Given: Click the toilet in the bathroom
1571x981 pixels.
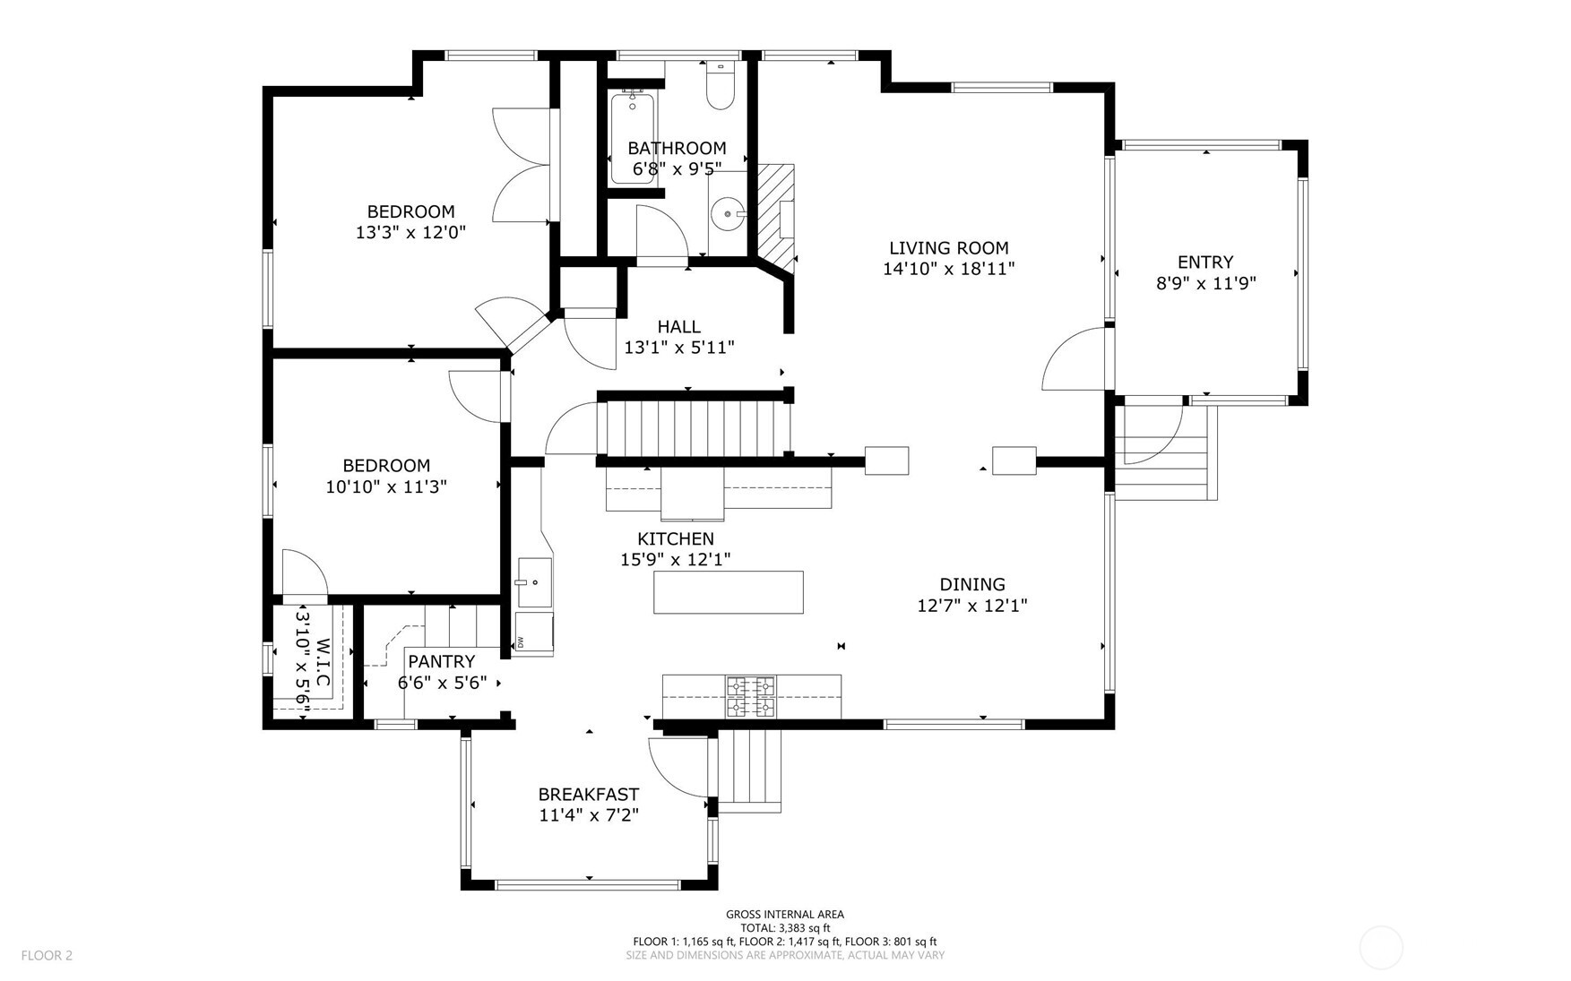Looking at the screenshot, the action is click(721, 86).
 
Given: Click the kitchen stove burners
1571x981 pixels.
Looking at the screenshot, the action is click(751, 697).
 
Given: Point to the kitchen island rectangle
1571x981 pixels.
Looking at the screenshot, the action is click(728, 592).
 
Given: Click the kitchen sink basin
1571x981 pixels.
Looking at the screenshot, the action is click(534, 582).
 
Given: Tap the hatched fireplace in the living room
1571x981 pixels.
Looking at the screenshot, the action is click(776, 213).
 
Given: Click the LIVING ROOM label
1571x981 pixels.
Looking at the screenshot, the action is click(949, 248).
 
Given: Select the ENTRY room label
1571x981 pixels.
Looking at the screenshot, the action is click(1205, 262).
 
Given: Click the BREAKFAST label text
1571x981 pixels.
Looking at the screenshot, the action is click(589, 795).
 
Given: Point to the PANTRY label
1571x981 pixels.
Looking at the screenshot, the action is click(441, 661).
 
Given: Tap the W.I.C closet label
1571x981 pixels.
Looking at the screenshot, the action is click(324, 663).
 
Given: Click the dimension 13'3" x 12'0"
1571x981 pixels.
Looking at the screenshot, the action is click(410, 232).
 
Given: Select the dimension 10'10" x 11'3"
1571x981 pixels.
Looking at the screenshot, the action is click(386, 486).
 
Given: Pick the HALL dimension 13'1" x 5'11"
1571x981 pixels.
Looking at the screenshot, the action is click(679, 347).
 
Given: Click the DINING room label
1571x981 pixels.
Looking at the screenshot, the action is click(972, 584).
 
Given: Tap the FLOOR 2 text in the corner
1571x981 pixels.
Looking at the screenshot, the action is click(47, 955).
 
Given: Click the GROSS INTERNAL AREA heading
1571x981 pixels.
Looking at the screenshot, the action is click(785, 915).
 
